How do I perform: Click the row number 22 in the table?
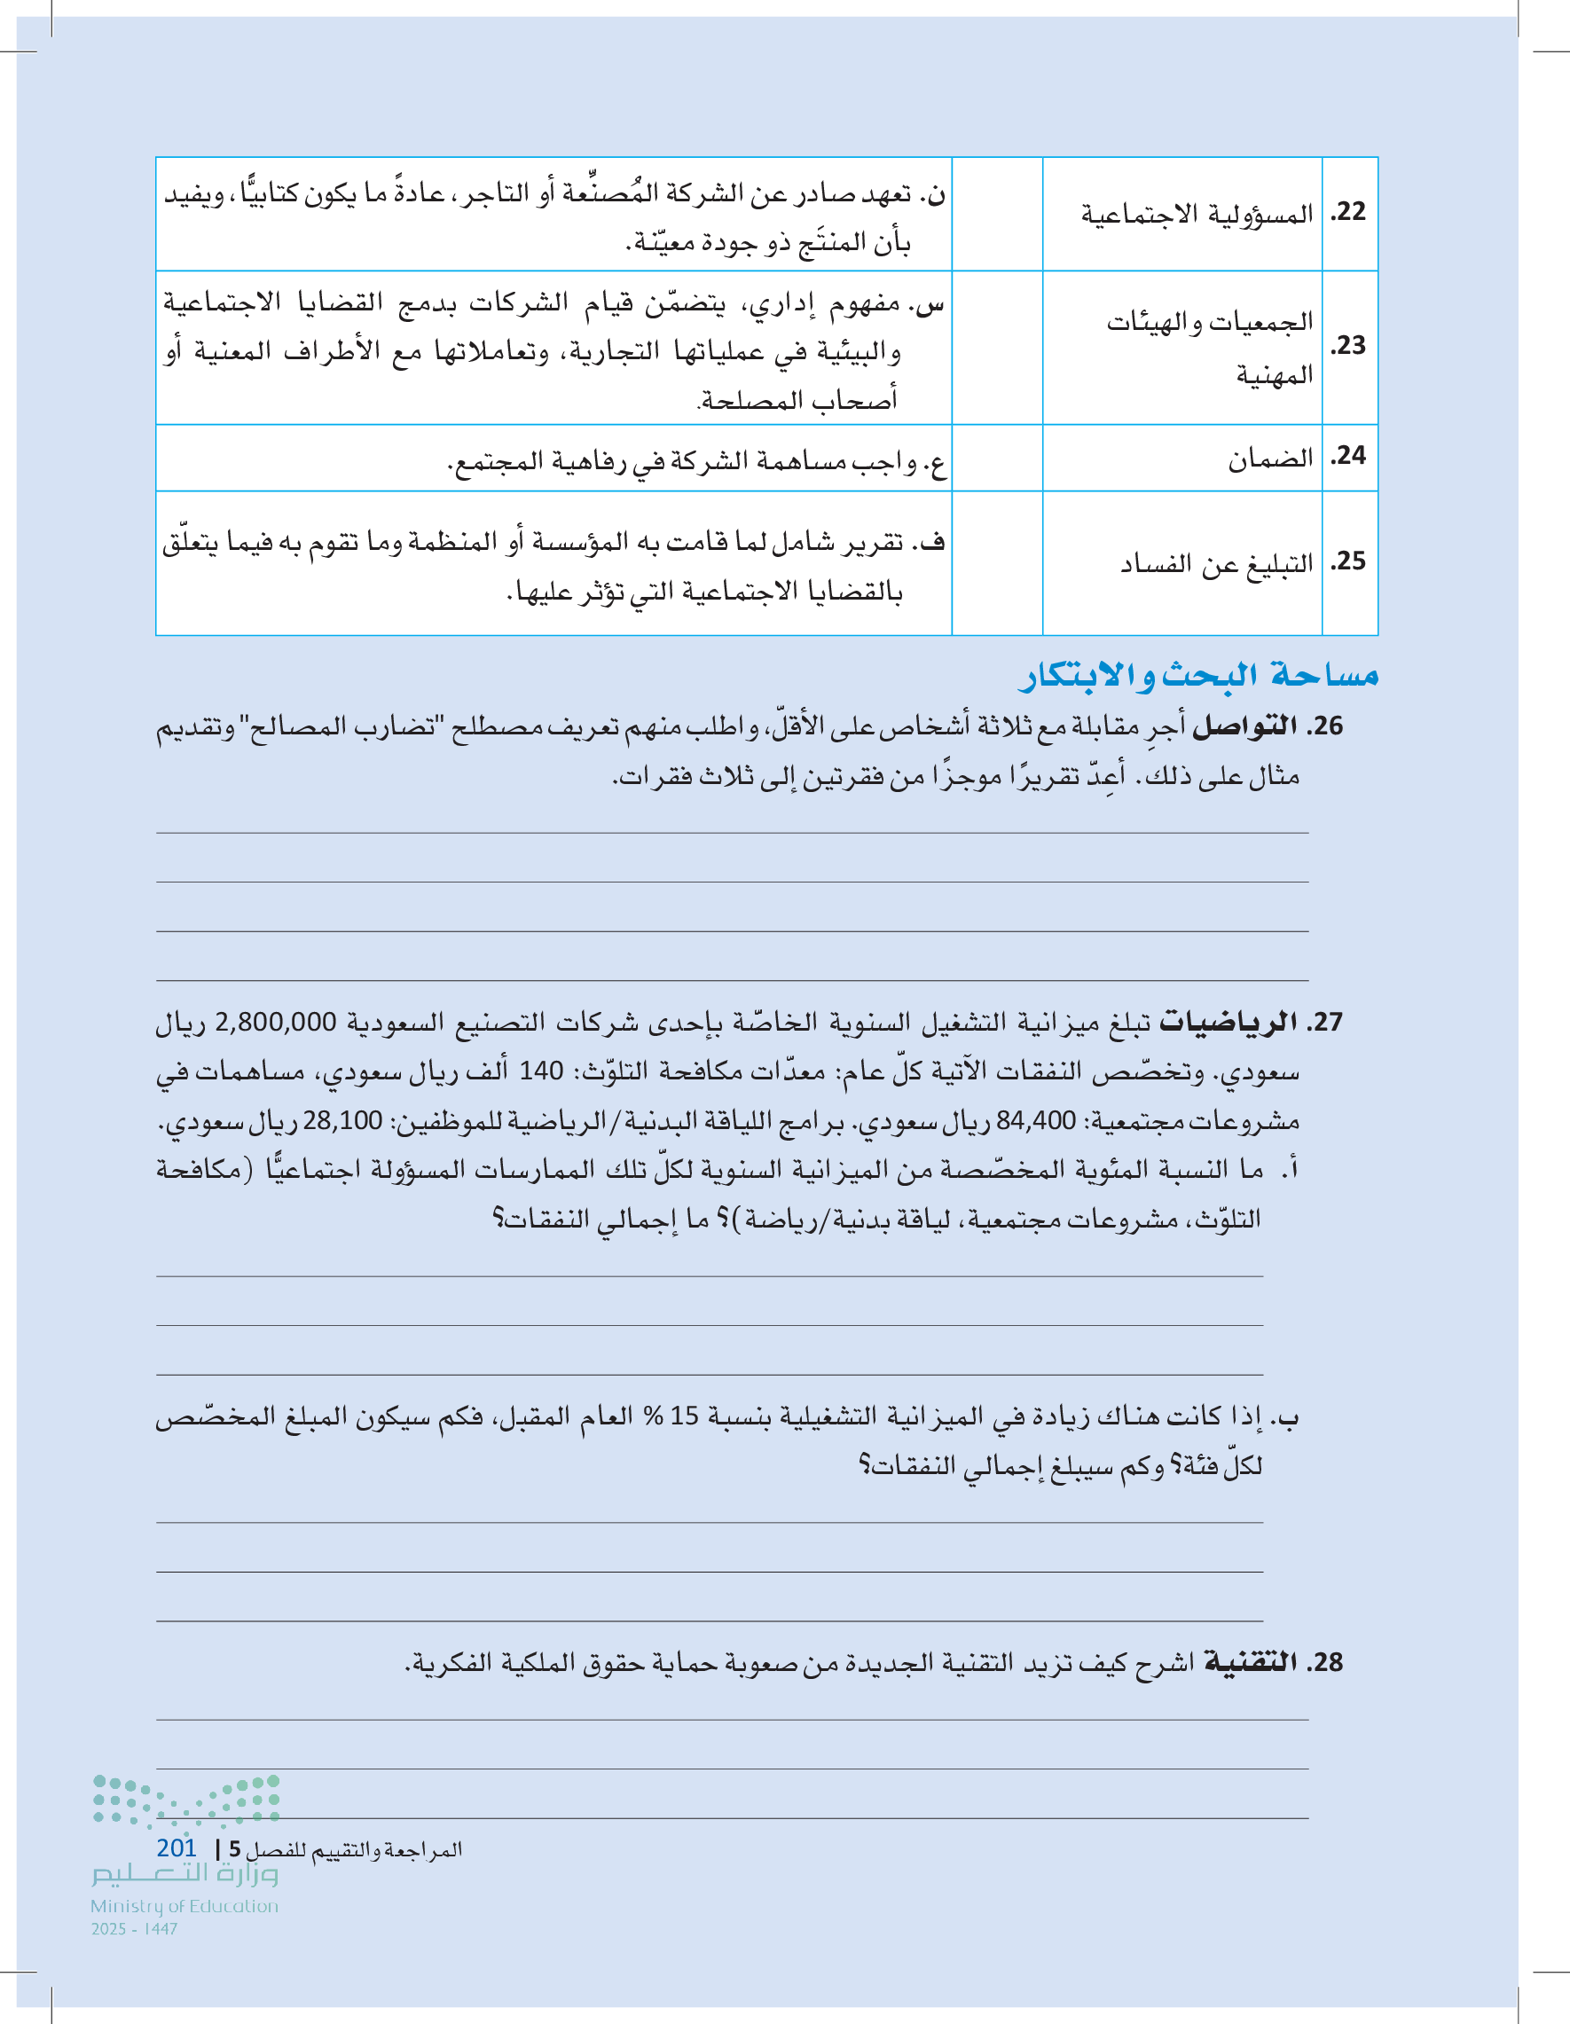(x=1348, y=212)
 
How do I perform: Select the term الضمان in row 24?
(x=1271, y=458)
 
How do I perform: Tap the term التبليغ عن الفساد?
(x=1217, y=563)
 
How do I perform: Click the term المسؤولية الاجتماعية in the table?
(x=1197, y=214)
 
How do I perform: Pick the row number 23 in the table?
(x=1348, y=346)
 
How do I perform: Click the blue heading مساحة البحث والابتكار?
(x=1198, y=675)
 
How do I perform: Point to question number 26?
(x=1325, y=726)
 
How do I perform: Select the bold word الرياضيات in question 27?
(x=1228, y=1022)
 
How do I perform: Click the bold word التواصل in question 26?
(x=1244, y=726)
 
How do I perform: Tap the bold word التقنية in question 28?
(x=1248, y=1662)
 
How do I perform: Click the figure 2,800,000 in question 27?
(x=275, y=1022)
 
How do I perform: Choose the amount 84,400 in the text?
(x=1036, y=1120)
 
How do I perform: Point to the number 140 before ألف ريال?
(x=541, y=1071)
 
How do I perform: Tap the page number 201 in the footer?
(x=177, y=1847)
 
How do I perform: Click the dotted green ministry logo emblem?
(x=185, y=1800)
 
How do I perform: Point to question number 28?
(x=1325, y=1662)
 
